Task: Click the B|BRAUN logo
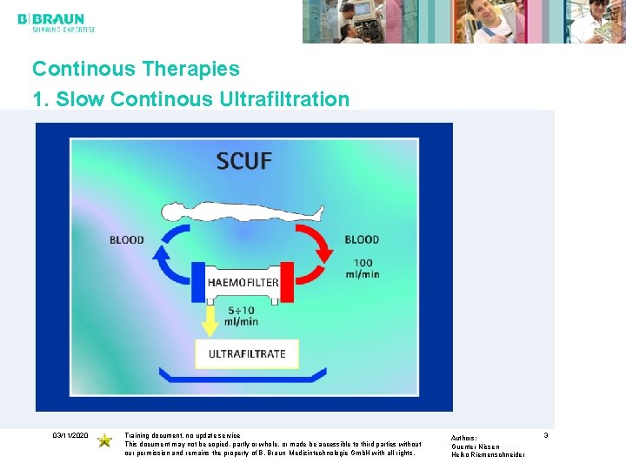[50, 20]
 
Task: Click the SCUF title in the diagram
[244, 161]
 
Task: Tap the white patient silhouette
[243, 211]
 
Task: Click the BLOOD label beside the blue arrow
[127, 239]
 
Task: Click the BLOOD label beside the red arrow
[362, 239]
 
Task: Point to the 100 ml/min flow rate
[362, 268]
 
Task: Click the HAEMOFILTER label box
[243, 282]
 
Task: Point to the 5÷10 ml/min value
[243, 315]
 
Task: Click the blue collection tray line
[243, 378]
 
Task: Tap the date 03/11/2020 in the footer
[70, 434]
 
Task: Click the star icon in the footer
[104, 440]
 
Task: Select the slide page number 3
[546, 434]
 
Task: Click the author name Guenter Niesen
[476, 446]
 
